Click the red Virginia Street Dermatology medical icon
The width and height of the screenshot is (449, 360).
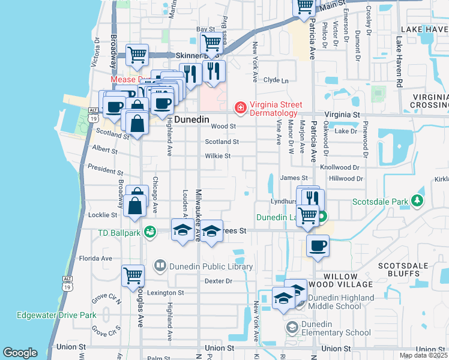coord(240,107)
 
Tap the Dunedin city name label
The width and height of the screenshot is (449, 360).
coord(191,119)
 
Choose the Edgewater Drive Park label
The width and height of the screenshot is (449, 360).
coord(56,315)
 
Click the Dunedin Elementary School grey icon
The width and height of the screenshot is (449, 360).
coord(292,328)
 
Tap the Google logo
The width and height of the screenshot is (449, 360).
coord(20,353)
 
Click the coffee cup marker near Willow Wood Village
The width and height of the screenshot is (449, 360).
coord(318,245)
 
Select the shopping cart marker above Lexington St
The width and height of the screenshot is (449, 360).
coord(133,275)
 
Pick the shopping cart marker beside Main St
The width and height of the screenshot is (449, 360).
coord(304,7)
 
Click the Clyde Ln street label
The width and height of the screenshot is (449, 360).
coord(276,80)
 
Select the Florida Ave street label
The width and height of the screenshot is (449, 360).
coord(95,259)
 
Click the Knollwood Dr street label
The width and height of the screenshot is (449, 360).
coord(340,168)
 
